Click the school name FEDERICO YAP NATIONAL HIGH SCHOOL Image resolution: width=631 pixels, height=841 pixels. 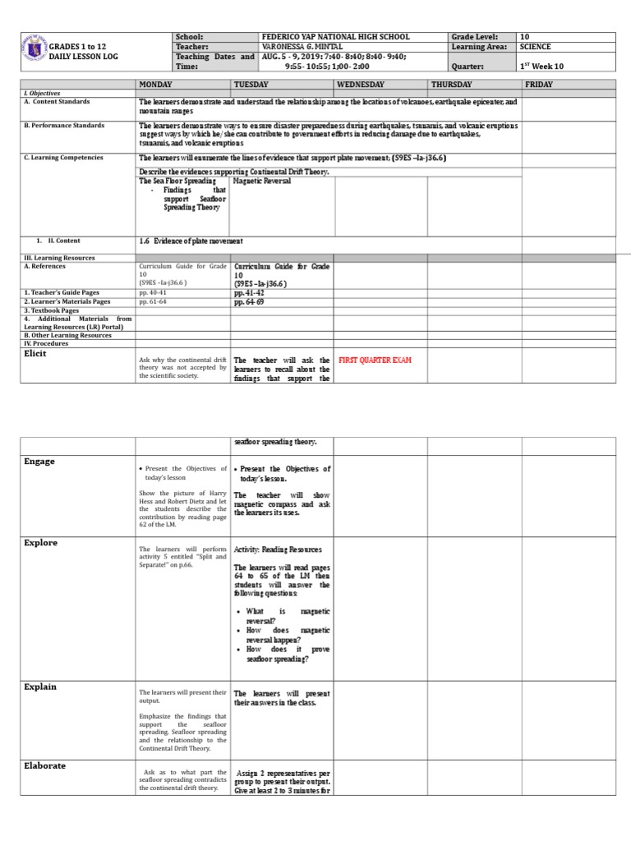tap(334, 37)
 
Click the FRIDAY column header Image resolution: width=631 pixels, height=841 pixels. tap(539, 85)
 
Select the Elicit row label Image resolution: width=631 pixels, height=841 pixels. tap(35, 354)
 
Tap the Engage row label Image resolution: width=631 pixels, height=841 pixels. tap(39, 462)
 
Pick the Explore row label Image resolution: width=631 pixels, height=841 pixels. tap(40, 543)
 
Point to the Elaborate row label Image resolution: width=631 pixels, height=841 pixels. tap(44, 765)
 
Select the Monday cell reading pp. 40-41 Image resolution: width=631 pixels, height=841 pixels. tap(153, 292)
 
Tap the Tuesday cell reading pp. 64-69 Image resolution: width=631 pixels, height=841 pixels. tap(249, 301)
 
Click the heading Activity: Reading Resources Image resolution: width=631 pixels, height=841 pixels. tap(278, 549)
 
